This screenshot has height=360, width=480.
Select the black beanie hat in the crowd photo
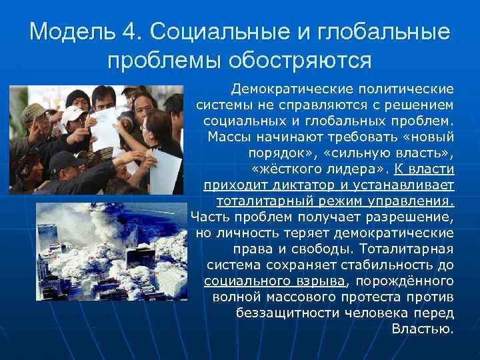tap(79, 97)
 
